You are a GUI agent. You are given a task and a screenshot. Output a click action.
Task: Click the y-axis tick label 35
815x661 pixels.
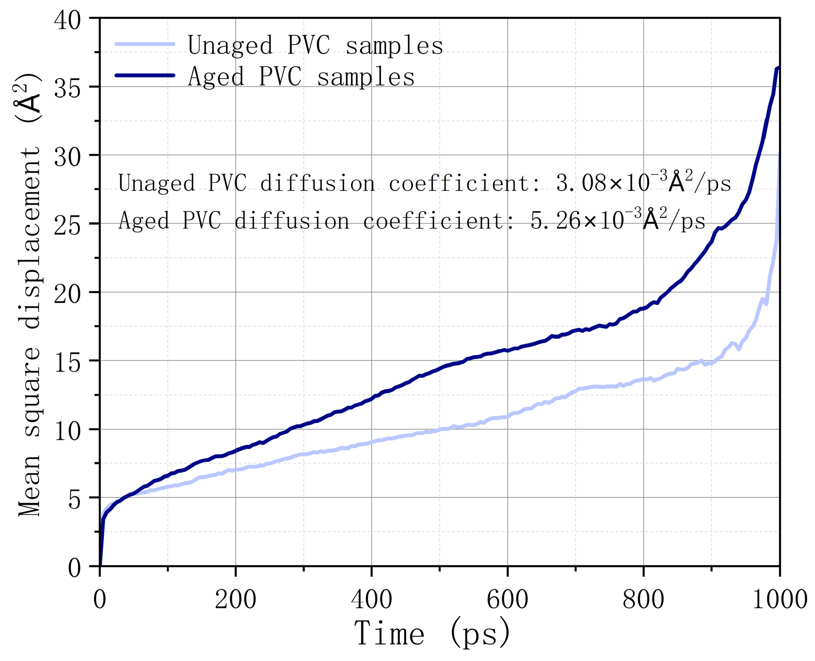[67, 87]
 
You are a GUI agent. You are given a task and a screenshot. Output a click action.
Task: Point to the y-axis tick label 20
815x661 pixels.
[67, 293]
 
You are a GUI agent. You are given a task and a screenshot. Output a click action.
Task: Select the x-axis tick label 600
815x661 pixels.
[507, 599]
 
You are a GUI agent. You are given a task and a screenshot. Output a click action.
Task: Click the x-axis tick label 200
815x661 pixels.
[235, 599]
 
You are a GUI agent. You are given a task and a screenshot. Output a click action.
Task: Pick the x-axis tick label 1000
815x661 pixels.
[780, 599]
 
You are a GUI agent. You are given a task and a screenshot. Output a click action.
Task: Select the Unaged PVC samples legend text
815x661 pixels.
[315, 45]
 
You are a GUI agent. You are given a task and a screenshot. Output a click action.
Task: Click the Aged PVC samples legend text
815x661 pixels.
[301, 77]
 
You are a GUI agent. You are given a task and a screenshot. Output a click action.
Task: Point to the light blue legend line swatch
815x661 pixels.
[145, 44]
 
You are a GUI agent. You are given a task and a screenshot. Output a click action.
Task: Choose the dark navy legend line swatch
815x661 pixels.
[145, 75]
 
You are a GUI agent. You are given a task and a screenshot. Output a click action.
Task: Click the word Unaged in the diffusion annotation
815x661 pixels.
[156, 184]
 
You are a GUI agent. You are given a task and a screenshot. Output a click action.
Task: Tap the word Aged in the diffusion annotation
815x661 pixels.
[143, 221]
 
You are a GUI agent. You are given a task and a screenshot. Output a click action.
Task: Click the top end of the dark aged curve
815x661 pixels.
[778, 68]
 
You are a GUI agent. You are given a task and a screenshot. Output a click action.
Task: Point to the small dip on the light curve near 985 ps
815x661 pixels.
[766, 304]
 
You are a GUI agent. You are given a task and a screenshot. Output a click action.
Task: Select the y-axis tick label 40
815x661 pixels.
[67, 19]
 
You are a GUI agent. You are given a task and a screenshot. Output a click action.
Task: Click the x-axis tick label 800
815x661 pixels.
[643, 599]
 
